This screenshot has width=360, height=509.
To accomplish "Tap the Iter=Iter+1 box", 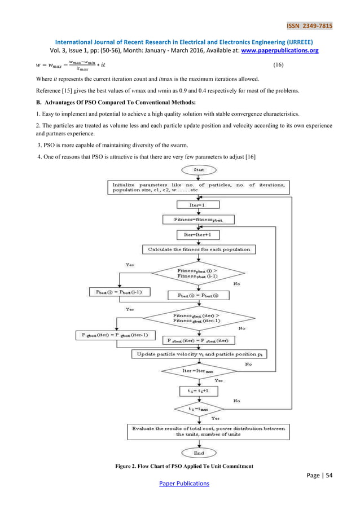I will pos(199,234).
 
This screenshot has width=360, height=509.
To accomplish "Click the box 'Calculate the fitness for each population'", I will pos(199,249).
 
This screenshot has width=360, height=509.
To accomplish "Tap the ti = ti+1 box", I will pos(199,389).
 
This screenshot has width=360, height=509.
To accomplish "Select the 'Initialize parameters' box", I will pos(199,187).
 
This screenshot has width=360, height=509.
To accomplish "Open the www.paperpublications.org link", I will pos(280,50).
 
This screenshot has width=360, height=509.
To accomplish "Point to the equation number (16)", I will pos(278,65).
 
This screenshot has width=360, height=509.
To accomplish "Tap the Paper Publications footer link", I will pos(184,484).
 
